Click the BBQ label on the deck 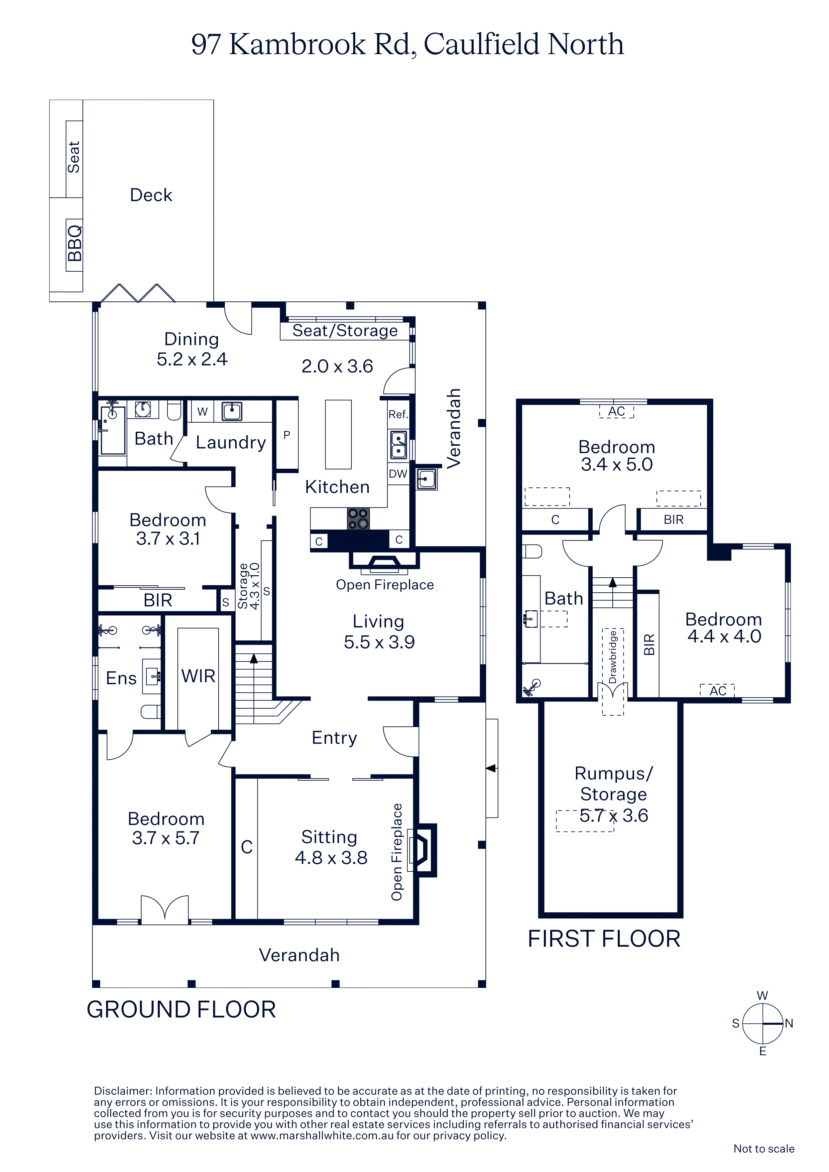point(74,244)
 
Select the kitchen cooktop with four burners point(358,518)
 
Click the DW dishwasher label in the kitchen point(398,474)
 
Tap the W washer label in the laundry point(202,411)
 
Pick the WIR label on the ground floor point(198,676)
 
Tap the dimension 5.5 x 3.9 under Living point(379,642)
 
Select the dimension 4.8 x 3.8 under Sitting point(331,858)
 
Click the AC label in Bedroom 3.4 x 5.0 point(616,411)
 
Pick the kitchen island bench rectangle point(338,434)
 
